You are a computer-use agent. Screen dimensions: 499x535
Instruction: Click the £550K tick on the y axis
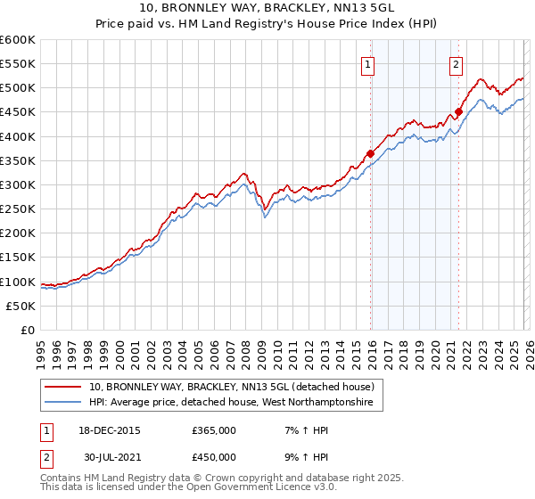[18, 64]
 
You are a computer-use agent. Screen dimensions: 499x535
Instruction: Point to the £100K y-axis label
[18, 282]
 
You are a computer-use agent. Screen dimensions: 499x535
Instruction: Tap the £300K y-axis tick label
[18, 184]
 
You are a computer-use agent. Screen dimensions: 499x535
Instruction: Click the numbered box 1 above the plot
[367, 63]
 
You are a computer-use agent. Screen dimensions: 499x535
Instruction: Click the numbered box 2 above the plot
[456, 63]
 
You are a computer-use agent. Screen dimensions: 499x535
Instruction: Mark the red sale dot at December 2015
[370, 153]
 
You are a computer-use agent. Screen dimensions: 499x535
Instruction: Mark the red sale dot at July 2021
[458, 112]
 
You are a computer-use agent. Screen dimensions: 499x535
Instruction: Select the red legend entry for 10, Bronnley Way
[236, 387]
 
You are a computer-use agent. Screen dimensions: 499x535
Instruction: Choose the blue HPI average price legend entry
[235, 403]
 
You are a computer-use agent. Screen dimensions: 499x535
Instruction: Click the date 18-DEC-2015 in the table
[110, 429]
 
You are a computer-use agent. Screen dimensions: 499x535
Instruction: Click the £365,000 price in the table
[214, 429]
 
